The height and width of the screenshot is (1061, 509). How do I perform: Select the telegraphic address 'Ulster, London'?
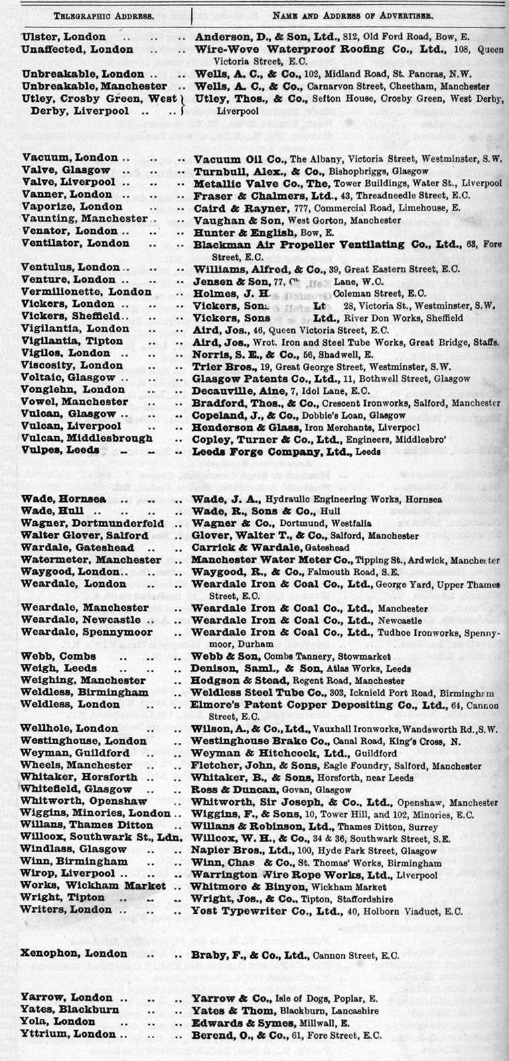64,37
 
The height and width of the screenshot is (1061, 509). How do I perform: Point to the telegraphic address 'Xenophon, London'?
74,954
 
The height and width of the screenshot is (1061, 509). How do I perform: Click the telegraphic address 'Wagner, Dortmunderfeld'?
92,523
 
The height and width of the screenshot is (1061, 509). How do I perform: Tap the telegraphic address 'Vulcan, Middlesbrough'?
87,439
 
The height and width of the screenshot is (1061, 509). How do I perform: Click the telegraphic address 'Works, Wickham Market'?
93,886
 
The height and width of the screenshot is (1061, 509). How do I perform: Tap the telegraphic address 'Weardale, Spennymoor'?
87,632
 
